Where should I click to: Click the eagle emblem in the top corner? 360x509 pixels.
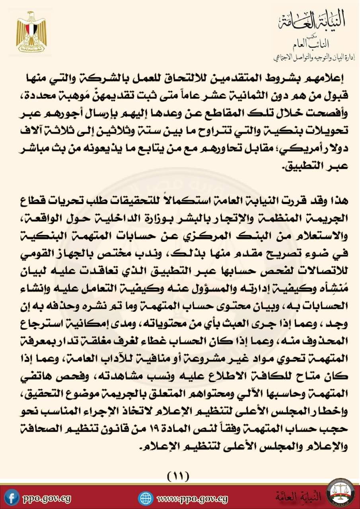pos(31,33)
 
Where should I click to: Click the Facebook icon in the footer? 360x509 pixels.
pos(13,497)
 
